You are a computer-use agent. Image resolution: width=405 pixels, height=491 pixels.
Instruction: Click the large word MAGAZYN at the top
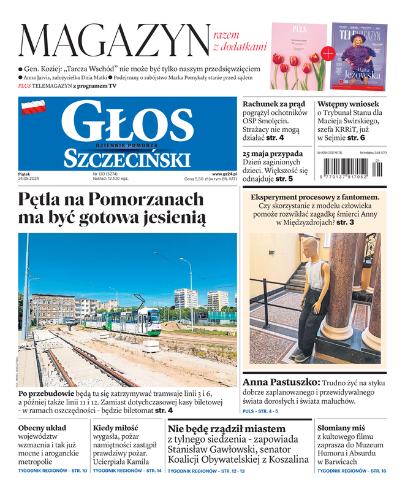click(114, 40)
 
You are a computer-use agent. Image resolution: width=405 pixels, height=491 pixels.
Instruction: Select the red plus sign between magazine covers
click(327, 53)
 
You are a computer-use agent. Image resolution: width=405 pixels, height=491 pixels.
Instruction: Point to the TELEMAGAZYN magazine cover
click(360, 56)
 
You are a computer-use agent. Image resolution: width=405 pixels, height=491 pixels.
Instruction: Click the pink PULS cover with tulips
click(298, 56)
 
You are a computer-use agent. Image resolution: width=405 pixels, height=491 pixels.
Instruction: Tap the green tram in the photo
click(122, 320)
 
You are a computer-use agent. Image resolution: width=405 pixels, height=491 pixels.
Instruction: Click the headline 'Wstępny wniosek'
click(347, 104)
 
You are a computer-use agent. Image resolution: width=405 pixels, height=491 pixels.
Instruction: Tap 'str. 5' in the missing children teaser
click(281, 179)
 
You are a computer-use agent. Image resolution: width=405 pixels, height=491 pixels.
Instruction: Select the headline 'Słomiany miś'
click(342, 427)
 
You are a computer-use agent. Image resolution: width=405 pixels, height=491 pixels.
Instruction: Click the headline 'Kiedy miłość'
click(116, 427)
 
